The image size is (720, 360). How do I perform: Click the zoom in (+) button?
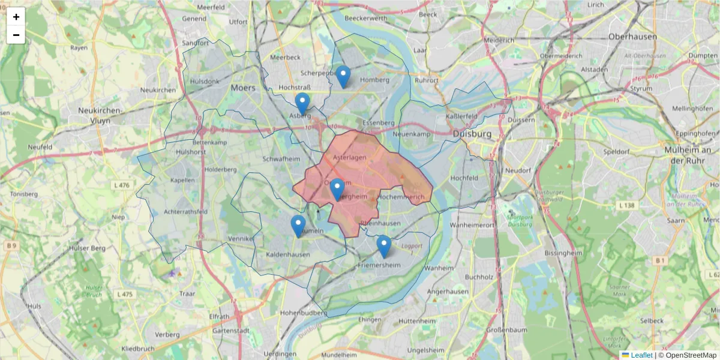16,17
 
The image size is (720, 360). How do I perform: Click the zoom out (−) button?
16,35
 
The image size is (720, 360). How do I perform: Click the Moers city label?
243,88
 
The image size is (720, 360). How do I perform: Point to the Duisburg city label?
472,133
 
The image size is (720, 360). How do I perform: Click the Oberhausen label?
632,37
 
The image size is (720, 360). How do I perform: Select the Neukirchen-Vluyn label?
101,115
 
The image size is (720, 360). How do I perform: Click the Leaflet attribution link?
641,355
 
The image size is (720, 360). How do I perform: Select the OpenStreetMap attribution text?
688,355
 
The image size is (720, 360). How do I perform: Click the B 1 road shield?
661,260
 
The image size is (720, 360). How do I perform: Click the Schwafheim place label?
281,159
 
